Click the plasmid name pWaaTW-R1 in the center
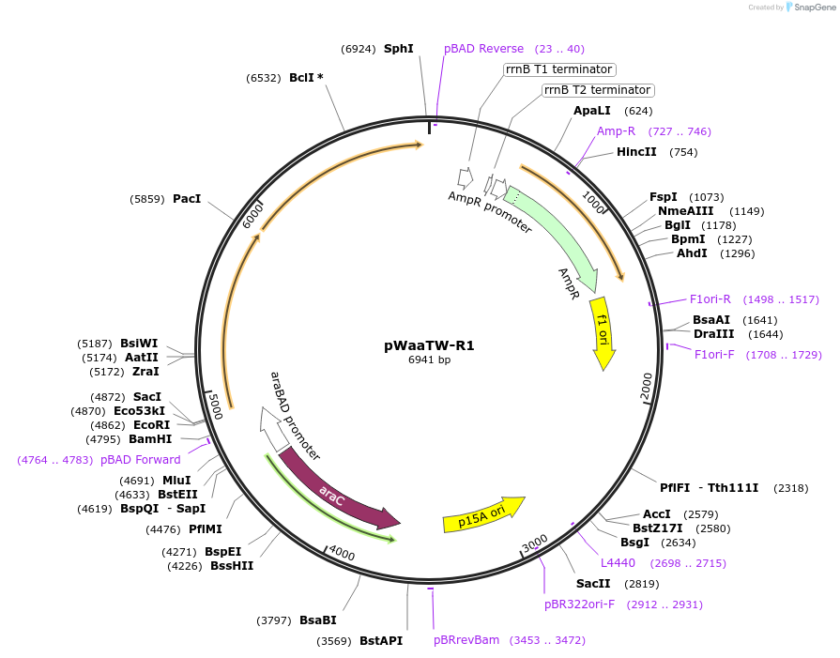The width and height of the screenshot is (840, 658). click(429, 345)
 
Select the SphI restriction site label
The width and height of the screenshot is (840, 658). click(398, 49)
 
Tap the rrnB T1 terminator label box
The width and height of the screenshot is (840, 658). click(558, 69)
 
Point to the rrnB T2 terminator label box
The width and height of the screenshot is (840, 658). click(597, 90)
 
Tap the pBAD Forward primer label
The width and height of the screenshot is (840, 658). click(140, 460)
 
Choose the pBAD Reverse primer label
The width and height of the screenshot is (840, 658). click(484, 49)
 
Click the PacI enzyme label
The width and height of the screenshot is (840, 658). click(187, 199)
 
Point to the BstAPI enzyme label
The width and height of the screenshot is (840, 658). click(381, 641)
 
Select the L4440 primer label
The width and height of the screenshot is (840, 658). click(619, 563)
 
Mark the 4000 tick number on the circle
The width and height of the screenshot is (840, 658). click(341, 554)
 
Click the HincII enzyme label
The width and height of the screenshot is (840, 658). click(636, 152)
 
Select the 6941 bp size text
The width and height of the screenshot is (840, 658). click(429, 360)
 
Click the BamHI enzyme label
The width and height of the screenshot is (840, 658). click(150, 439)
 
